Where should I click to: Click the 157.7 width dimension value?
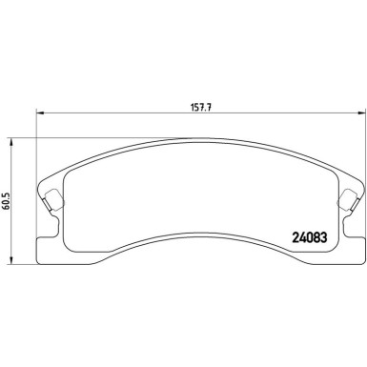pos(201,108)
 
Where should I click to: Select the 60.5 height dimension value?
pos(7,201)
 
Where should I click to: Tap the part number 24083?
pos(309,237)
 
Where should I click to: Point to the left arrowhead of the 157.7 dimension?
pos(39,112)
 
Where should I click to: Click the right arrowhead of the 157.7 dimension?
pos(361,112)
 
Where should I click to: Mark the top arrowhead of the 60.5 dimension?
pos(11,142)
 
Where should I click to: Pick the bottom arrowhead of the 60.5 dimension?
pos(11,260)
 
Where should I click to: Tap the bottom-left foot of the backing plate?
pos(48,251)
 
